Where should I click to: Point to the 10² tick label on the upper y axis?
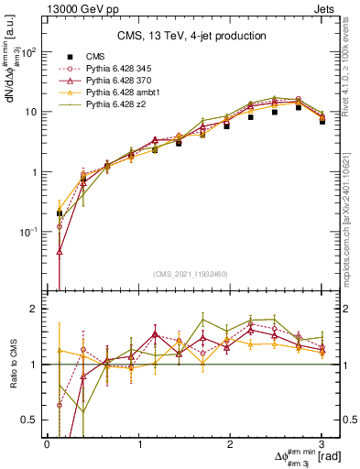click(27, 52)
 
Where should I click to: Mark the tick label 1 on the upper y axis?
click(34, 172)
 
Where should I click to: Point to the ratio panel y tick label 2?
click(34, 309)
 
